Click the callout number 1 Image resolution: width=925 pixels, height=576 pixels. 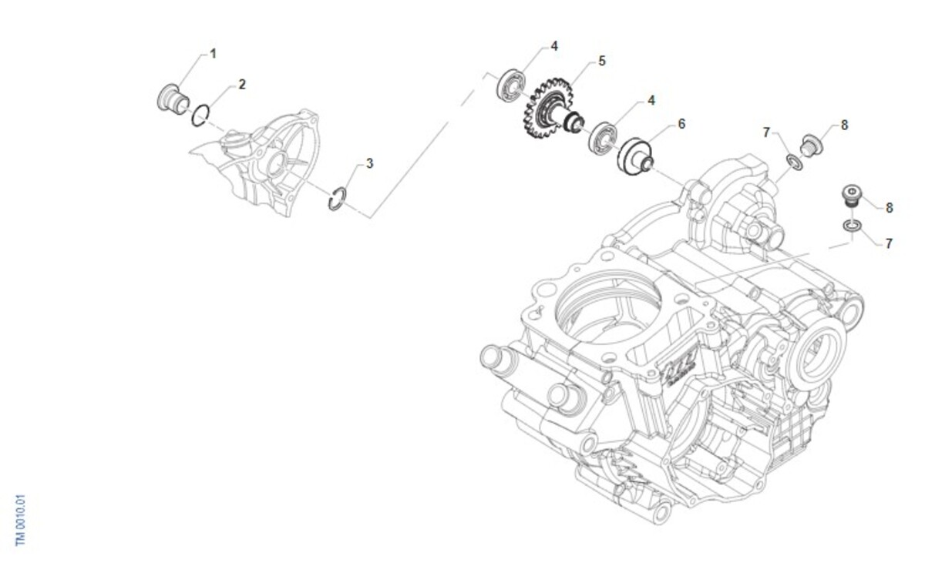(214, 54)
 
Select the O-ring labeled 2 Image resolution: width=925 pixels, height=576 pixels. (200, 114)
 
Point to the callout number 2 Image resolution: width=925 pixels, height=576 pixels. (242, 84)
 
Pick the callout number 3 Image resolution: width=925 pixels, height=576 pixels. (370, 163)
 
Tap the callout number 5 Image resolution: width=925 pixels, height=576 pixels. (602, 61)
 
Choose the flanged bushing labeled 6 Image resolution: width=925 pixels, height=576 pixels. (637, 155)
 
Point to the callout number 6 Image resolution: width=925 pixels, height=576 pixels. (681, 123)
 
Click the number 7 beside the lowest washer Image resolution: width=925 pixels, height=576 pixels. (889, 243)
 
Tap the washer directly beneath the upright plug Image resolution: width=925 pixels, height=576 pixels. (851, 226)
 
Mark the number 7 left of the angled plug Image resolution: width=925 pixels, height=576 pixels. (766, 132)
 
